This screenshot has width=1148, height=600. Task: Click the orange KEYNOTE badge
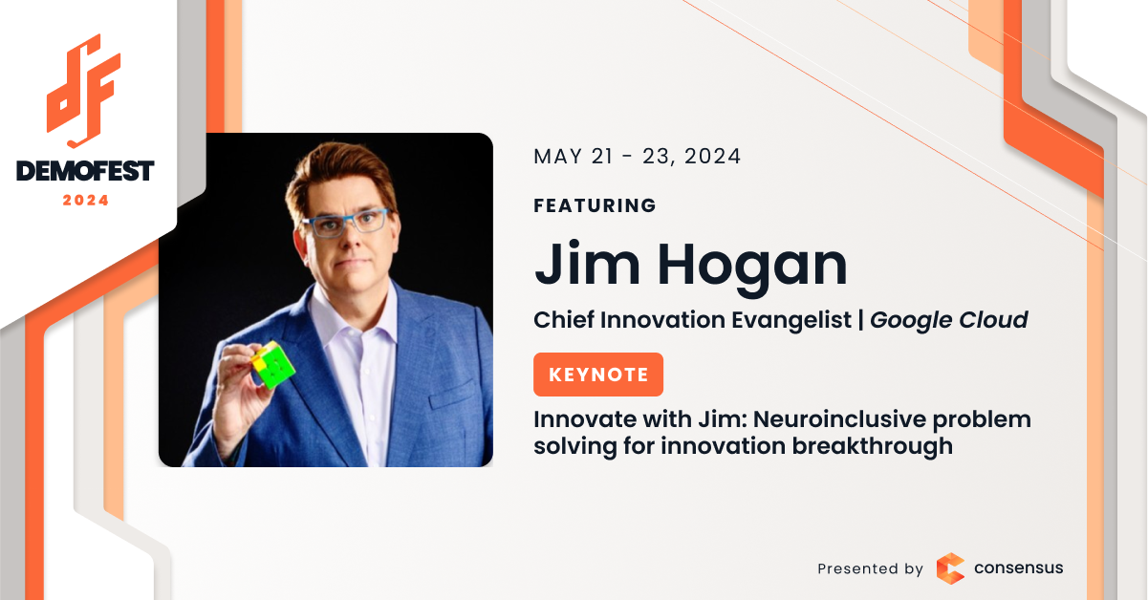point(598,375)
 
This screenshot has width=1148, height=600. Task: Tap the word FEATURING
point(595,205)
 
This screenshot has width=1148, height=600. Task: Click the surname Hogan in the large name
point(752,267)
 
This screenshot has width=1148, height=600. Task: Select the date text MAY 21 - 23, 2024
point(637,157)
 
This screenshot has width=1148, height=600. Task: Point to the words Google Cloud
point(948,320)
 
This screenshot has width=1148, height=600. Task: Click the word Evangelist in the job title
point(791,320)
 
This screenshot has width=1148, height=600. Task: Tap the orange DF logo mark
point(83,91)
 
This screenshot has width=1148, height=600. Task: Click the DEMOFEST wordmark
point(85,171)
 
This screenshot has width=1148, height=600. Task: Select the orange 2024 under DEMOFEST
point(86,201)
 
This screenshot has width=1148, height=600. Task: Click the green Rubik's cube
point(272,365)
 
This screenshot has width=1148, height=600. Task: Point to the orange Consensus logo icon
point(951,568)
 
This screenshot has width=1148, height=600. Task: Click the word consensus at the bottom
point(1018,568)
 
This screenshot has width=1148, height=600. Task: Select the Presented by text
point(870,568)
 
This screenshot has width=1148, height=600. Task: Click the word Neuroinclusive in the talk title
point(839,419)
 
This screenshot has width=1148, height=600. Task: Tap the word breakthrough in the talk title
point(873,446)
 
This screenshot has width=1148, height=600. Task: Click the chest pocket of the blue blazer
point(451,395)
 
